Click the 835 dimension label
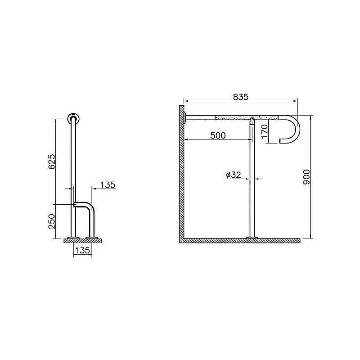241,97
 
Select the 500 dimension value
218,135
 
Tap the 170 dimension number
265,131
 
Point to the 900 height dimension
306,177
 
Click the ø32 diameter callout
234,175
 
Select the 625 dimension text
52,162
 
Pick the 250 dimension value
52,221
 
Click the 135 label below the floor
82,250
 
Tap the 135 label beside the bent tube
108,184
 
